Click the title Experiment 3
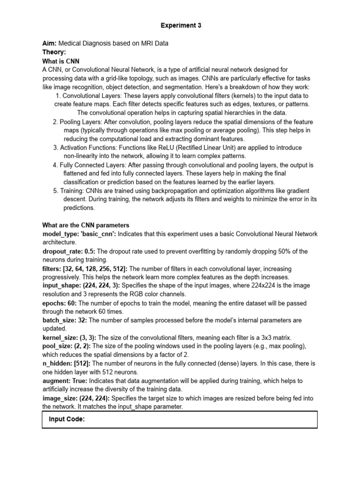click(x=180, y=26)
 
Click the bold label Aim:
click(x=50, y=44)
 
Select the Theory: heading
click(x=54, y=52)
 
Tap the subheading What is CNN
click(x=60, y=61)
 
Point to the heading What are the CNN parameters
click(x=86, y=225)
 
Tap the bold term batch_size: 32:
click(x=65, y=320)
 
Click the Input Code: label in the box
click(x=67, y=420)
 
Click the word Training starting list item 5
click(x=72, y=191)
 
